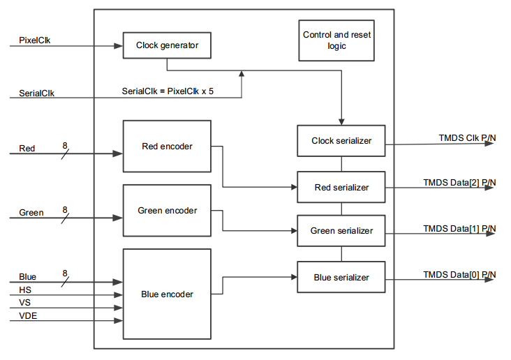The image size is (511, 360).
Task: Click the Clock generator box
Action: tap(167, 45)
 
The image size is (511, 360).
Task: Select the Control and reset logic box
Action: tap(336, 40)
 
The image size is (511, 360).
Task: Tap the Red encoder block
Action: tap(167, 147)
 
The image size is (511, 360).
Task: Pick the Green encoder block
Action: tap(167, 211)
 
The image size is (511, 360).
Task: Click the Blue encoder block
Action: tap(167, 294)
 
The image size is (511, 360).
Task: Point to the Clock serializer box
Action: tap(341, 141)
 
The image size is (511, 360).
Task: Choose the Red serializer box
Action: tap(341, 187)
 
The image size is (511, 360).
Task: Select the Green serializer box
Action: tap(341, 231)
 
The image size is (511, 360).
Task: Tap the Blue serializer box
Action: tap(341, 277)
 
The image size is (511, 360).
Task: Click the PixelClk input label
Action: tap(34, 40)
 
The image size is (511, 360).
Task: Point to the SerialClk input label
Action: tap(36, 93)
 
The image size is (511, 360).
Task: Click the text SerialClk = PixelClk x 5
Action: tap(168, 91)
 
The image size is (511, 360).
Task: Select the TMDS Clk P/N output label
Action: tap(467, 138)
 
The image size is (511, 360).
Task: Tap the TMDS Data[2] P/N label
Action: tap(459, 183)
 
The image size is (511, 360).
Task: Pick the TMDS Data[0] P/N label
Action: tap(459, 275)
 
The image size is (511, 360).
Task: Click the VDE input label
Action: tap(28, 315)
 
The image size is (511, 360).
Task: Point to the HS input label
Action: tap(25, 290)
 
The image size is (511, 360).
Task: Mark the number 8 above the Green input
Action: tap(65, 209)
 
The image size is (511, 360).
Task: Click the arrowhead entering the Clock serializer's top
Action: tap(341, 122)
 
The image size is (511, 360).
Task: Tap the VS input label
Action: tap(24, 302)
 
